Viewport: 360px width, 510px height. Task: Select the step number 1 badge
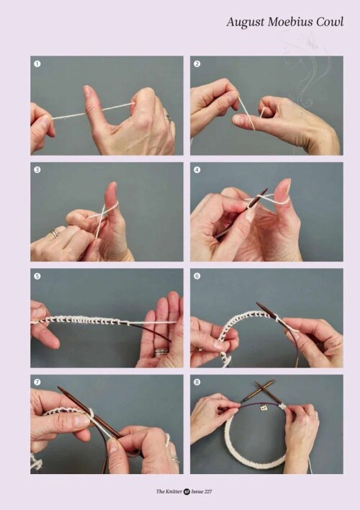click(x=37, y=63)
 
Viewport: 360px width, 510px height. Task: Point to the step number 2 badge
click(x=197, y=63)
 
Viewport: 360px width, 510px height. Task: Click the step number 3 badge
click(x=37, y=170)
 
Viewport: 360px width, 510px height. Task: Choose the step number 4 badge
click(x=197, y=170)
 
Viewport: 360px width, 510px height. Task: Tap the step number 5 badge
click(x=37, y=276)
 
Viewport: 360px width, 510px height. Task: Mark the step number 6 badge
click(x=197, y=276)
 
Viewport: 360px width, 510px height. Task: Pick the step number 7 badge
click(x=37, y=382)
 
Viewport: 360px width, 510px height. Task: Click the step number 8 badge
click(x=197, y=382)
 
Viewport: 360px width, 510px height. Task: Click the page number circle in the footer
click(x=186, y=491)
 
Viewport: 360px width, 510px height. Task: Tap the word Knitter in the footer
click(x=174, y=491)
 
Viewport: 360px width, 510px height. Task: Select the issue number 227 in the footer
click(x=207, y=491)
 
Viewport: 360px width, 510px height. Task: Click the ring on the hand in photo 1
click(x=168, y=117)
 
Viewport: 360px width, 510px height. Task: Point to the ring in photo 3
click(x=55, y=233)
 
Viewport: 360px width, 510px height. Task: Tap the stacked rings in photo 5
click(x=161, y=352)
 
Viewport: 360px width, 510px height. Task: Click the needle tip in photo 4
click(x=266, y=189)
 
